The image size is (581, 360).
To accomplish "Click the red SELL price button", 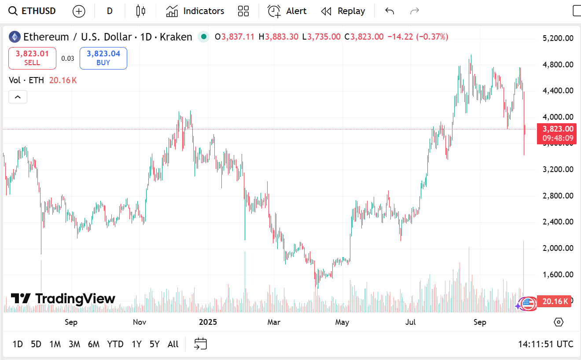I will [32, 58].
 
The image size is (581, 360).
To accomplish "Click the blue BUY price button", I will [103, 58].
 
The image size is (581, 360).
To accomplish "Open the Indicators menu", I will [195, 11].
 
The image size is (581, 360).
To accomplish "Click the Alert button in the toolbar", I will [287, 11].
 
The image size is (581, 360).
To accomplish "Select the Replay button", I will [343, 11].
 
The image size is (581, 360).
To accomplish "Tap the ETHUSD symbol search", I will [33, 11].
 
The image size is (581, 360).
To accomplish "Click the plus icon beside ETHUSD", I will [79, 11].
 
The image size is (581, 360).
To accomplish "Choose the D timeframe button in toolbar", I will [110, 11].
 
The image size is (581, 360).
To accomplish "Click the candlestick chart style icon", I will [140, 11].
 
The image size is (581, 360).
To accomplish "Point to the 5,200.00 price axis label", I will [558, 38].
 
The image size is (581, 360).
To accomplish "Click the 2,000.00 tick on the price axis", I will [558, 248].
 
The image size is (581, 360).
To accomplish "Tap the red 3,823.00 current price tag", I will [557, 133].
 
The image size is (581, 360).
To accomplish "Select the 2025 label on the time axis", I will [208, 322].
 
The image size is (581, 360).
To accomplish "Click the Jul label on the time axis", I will [410, 322].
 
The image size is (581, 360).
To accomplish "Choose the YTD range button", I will [115, 344].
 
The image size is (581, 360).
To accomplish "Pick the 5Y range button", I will [154, 344].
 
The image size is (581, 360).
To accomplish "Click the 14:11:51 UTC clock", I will [546, 344].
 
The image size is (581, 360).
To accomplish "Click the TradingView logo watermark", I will [63, 299].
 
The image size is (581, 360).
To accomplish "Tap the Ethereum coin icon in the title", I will [15, 37].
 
